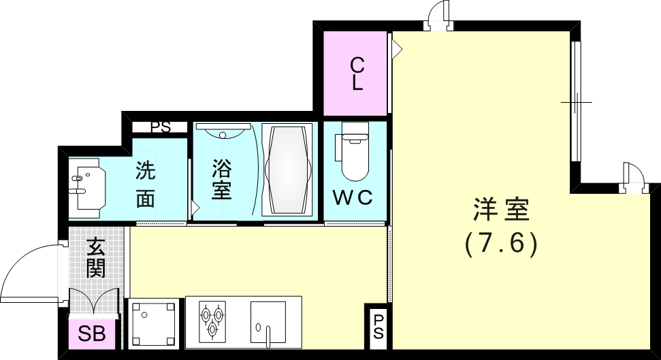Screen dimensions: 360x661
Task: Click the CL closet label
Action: tap(357, 74)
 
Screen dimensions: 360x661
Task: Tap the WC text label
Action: tap(353, 197)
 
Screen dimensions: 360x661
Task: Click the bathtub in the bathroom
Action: tap(287, 169)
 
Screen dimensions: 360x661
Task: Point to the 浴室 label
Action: tap(222, 179)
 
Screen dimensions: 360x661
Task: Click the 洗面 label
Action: tap(146, 184)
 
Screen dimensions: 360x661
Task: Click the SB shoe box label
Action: tap(91, 335)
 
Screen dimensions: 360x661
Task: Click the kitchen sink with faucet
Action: tap(268, 321)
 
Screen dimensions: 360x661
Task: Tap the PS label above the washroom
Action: tap(161, 127)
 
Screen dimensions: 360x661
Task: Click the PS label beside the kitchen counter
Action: tap(378, 327)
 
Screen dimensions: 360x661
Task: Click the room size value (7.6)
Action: tap(502, 243)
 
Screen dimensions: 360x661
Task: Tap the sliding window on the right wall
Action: tap(576, 102)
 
